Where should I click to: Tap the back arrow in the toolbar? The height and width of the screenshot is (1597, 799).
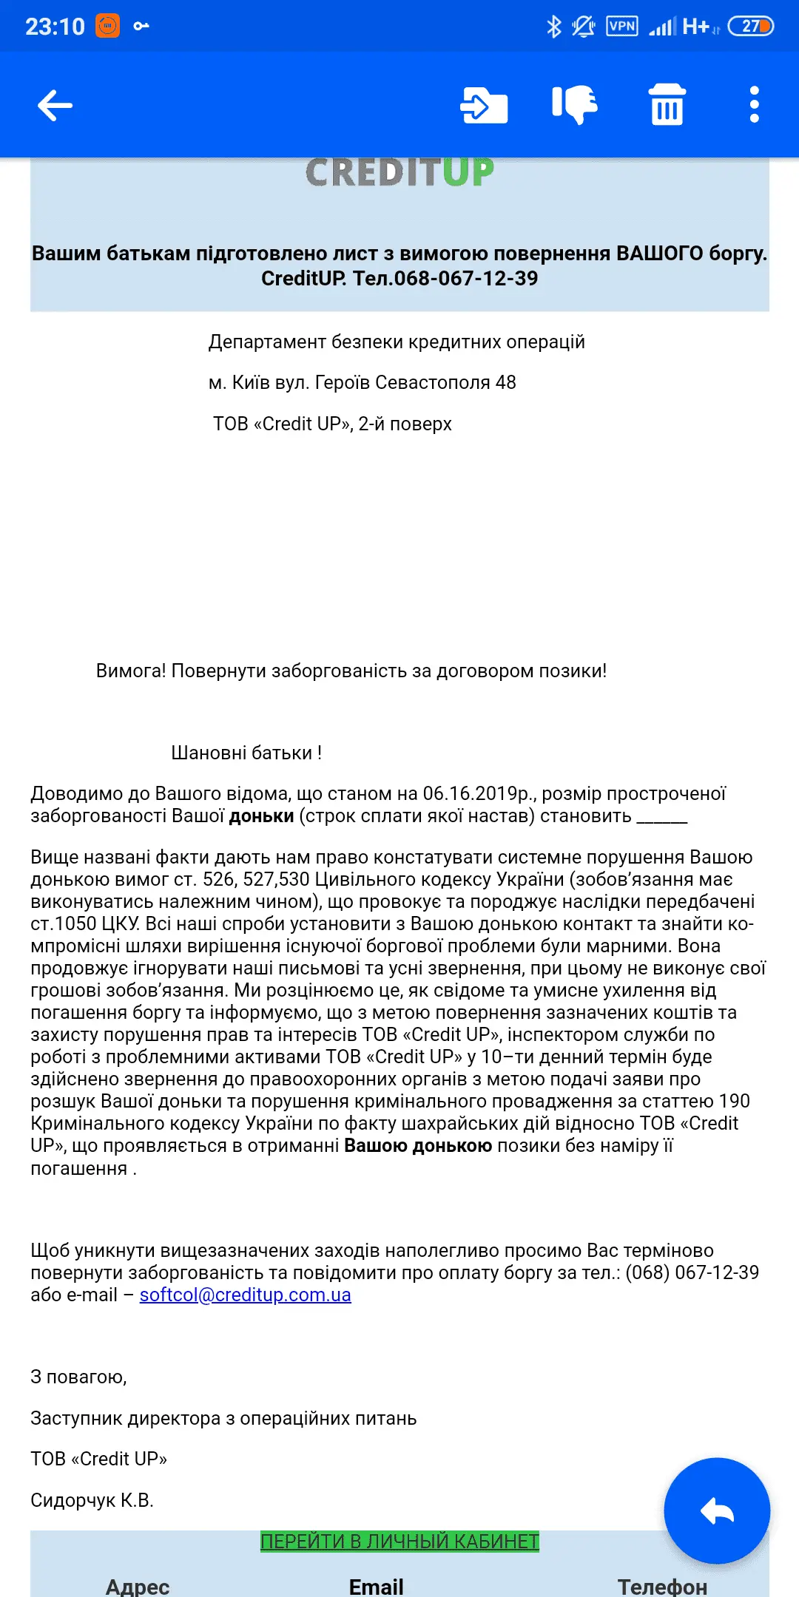coord(55,105)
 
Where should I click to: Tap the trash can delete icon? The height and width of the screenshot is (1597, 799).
coord(667,104)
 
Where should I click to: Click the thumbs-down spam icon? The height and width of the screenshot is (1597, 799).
coord(575,104)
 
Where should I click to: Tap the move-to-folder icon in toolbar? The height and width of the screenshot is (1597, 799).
coord(484,105)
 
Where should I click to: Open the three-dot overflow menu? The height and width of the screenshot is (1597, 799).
coord(754,104)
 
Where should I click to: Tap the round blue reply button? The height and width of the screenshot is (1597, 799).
coord(716,1510)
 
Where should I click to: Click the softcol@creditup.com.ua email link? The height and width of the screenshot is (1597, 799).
coord(245,1295)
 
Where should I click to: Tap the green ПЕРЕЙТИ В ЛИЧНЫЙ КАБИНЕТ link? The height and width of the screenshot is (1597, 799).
coord(399,1542)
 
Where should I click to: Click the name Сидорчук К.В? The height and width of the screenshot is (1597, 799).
coord(92,1500)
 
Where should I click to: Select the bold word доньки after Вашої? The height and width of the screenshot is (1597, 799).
coord(261,816)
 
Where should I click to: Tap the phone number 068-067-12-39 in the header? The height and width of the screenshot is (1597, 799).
coord(466,279)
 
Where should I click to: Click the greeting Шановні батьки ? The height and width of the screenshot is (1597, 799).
coord(246,753)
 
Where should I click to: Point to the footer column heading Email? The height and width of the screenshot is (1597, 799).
coord(376,1586)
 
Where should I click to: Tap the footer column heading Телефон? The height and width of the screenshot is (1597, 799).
coord(662,1586)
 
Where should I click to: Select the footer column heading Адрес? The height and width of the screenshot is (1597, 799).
coord(138,1586)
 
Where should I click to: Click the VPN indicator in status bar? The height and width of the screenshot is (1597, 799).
coord(621,27)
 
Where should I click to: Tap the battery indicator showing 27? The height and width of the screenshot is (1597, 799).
coord(750,27)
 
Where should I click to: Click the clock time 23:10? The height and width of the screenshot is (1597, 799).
coord(55,27)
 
